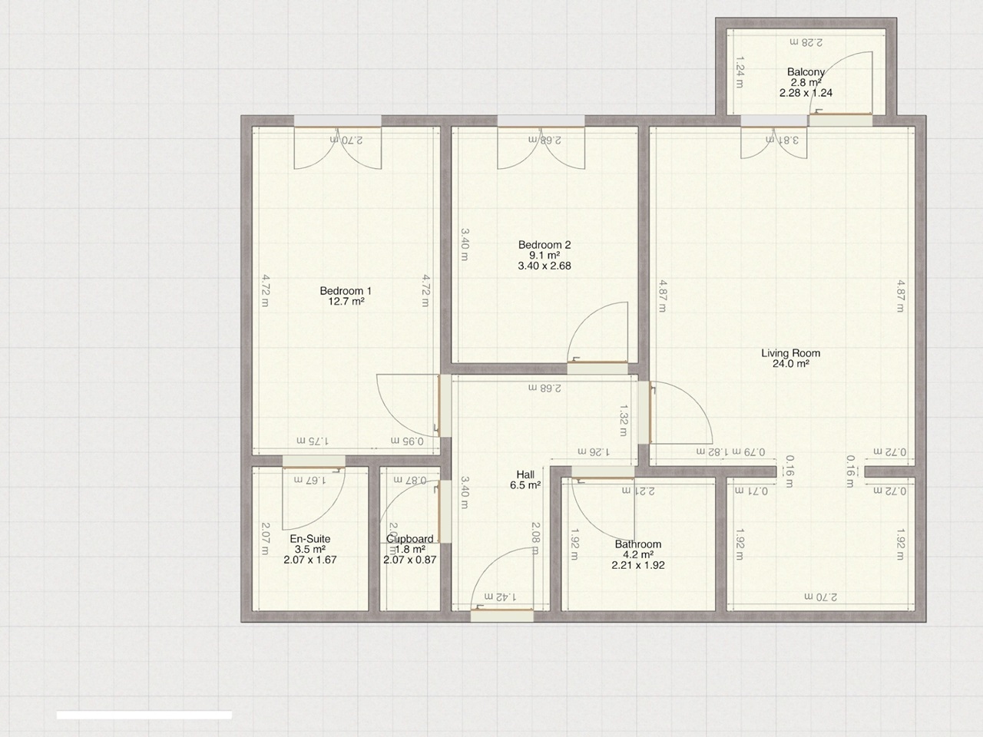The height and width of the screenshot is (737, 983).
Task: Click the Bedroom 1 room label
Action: [x=346, y=291]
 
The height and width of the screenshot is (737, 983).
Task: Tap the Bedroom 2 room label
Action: [x=544, y=245]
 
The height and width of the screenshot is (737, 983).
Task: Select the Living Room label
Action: [x=790, y=353]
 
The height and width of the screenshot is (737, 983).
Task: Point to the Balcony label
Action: [x=806, y=72]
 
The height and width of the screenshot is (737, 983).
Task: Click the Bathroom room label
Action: [x=637, y=544]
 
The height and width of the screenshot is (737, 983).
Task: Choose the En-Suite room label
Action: [x=309, y=539]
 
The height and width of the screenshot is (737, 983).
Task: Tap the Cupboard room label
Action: [x=410, y=539]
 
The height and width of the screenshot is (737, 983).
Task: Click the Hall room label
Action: [x=525, y=474]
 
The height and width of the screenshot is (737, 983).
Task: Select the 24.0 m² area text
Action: [x=790, y=365]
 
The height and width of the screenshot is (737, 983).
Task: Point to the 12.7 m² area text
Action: [x=346, y=302]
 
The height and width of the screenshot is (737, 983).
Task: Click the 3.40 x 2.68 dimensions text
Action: [x=544, y=266]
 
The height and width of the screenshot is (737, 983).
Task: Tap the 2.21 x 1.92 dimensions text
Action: [x=637, y=565]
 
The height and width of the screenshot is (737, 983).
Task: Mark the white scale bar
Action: [x=144, y=715]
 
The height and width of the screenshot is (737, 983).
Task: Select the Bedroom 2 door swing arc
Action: [x=603, y=326]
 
